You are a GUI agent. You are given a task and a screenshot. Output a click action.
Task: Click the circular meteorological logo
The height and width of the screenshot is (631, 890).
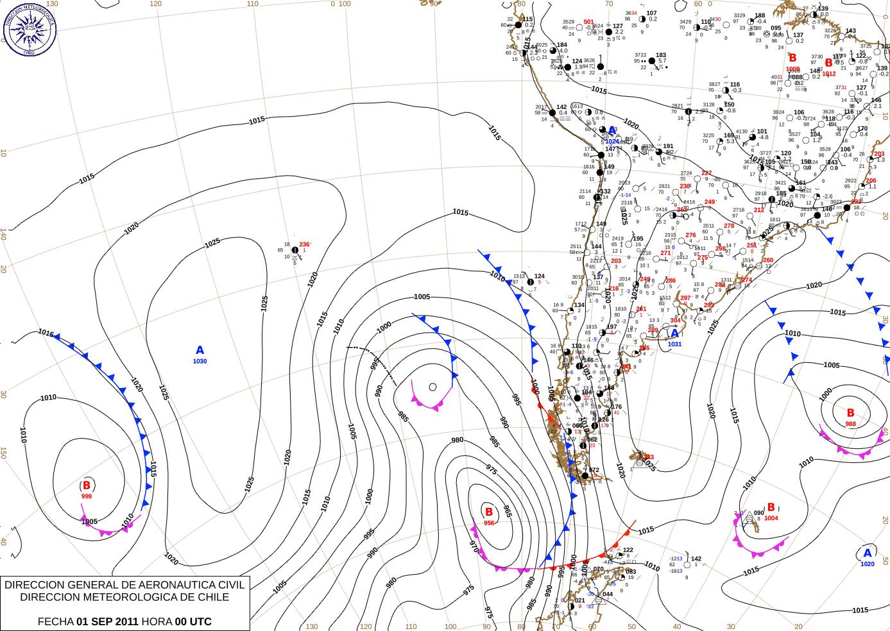(x=30, y=29)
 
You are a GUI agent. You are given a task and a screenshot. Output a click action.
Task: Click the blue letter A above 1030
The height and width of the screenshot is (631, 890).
(x=200, y=350)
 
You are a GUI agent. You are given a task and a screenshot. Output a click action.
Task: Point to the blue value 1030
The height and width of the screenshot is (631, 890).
(x=200, y=362)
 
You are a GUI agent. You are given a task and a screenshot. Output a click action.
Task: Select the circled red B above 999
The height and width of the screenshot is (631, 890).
(x=87, y=485)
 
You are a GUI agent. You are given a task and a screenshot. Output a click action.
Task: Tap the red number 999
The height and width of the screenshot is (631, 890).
(x=87, y=496)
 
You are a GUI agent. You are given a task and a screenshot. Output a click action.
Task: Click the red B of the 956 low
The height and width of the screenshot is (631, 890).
(x=489, y=512)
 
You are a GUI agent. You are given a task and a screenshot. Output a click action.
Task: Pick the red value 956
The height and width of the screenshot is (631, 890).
(x=489, y=523)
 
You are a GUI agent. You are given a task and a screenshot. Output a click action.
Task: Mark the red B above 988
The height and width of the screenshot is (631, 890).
(x=850, y=413)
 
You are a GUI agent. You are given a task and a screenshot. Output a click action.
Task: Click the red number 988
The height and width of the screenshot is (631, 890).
(x=850, y=424)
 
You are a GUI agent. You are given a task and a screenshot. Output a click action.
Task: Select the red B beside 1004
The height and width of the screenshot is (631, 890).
(x=771, y=507)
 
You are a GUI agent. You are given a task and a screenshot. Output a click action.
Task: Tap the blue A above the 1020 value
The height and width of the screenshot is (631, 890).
(x=868, y=553)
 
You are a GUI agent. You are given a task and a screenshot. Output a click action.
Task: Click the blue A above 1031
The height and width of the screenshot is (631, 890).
(x=674, y=333)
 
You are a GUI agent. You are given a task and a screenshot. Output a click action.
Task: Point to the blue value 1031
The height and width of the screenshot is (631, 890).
(x=674, y=344)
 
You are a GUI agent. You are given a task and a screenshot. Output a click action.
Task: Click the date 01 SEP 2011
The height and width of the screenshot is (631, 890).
(x=107, y=621)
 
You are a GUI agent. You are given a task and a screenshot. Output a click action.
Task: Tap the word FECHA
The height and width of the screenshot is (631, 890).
(x=55, y=621)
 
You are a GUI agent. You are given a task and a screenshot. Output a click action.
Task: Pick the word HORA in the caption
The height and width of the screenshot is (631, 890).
(x=157, y=621)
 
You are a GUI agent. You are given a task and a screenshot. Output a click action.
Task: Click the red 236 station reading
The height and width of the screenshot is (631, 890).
(x=304, y=244)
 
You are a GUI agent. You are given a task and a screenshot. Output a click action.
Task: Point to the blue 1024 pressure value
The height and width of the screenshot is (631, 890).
(x=612, y=142)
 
